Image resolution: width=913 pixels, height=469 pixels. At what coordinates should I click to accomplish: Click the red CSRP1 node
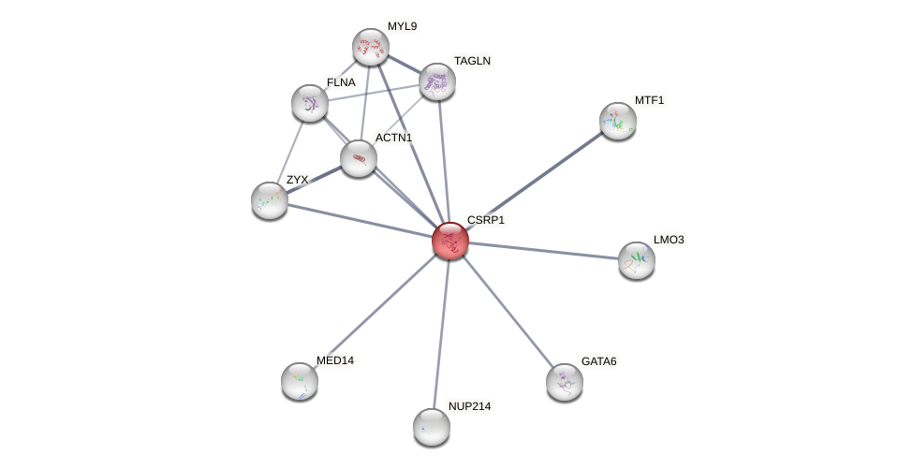pyautogui.click(x=449, y=241)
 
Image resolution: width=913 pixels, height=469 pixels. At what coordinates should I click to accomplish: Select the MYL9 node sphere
pyautogui.click(x=370, y=47)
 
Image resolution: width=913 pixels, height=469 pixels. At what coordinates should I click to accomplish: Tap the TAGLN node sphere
pyautogui.click(x=436, y=81)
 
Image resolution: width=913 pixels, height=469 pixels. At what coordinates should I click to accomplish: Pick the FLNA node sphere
pyautogui.click(x=309, y=103)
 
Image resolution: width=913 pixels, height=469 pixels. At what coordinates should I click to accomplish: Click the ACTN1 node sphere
pyautogui.click(x=358, y=158)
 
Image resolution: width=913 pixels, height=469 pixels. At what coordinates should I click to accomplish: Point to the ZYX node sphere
pyautogui.click(x=269, y=200)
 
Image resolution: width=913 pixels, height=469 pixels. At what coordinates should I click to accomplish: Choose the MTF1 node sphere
pyautogui.click(x=617, y=121)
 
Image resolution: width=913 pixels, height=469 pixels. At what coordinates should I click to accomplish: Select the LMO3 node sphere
pyautogui.click(x=636, y=260)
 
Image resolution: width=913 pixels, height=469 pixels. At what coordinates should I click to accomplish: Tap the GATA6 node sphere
pyautogui.click(x=564, y=382)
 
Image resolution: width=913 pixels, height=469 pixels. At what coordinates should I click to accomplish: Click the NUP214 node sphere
pyautogui.click(x=431, y=427)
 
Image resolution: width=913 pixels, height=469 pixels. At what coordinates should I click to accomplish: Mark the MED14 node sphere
pyautogui.click(x=299, y=381)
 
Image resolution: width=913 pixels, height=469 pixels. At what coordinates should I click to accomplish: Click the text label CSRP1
pyautogui.click(x=485, y=221)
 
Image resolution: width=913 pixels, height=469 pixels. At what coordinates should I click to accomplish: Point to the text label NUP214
pyautogui.click(x=469, y=406)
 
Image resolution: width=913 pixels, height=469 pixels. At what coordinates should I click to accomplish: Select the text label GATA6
pyautogui.click(x=598, y=361)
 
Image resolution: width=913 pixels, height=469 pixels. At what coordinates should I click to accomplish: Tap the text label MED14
pyautogui.click(x=334, y=360)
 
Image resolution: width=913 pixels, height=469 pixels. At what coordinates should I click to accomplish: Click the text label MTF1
pyautogui.click(x=649, y=100)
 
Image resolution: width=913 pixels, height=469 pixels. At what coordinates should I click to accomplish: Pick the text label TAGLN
pyautogui.click(x=472, y=61)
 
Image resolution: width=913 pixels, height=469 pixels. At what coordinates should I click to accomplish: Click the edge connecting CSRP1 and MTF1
pyautogui.click(x=534, y=181)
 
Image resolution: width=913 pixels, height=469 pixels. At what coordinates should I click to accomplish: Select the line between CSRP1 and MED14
pyautogui.click(x=375, y=311)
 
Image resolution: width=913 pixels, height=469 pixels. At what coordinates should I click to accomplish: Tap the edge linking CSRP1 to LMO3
pyautogui.click(x=543, y=251)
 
